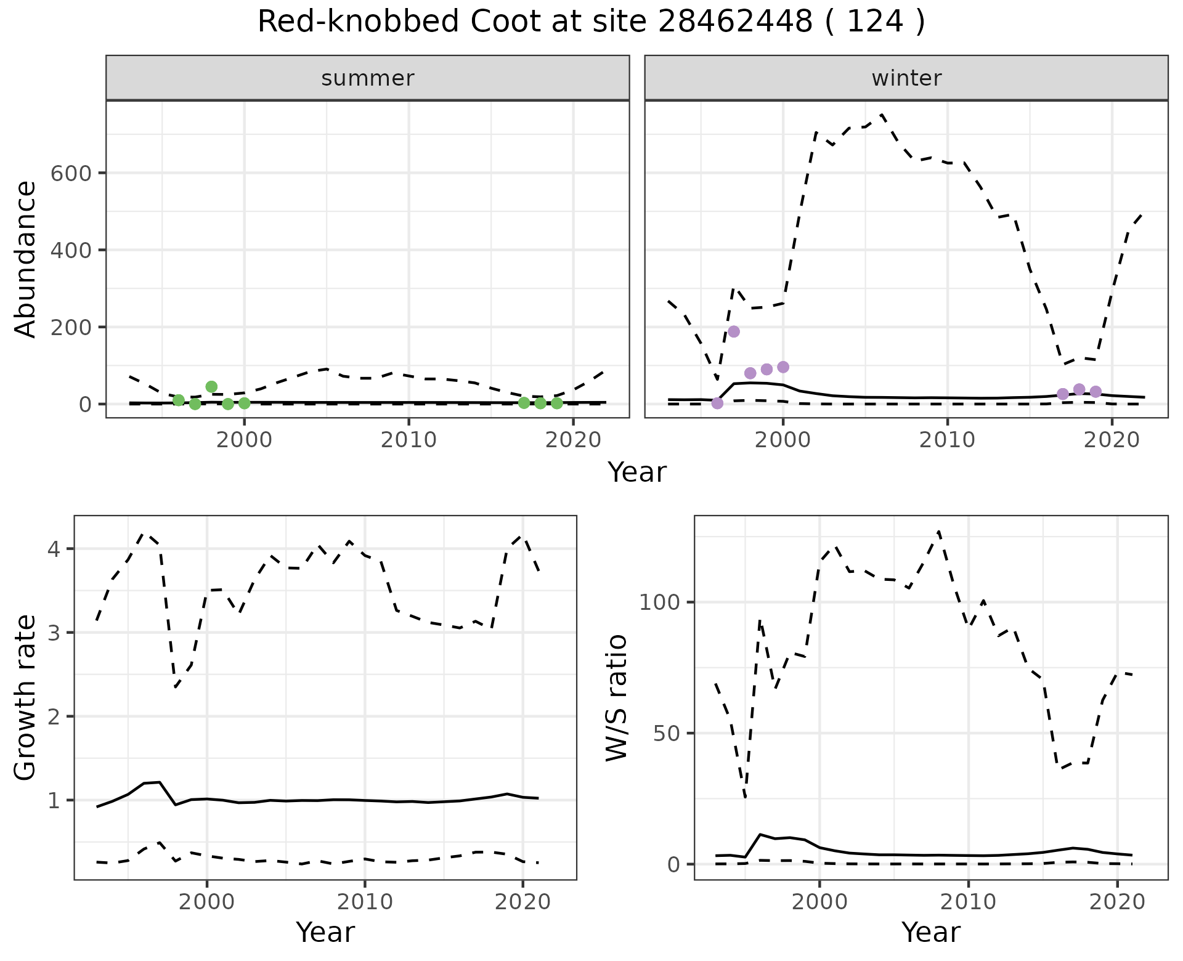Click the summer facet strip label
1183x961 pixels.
368,78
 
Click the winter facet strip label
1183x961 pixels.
906,78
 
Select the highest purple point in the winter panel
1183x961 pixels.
734,331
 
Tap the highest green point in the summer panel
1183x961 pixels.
211,387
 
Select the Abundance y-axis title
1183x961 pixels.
25,259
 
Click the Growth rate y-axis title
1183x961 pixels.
25,698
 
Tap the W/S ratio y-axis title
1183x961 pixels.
616,698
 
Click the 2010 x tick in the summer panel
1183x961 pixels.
409,440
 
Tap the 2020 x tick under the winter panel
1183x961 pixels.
1112,440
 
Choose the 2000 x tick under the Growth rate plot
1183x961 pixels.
207,902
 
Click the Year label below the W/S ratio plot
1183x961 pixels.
930,932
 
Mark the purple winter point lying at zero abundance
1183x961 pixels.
717,403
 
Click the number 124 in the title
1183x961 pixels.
875,22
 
